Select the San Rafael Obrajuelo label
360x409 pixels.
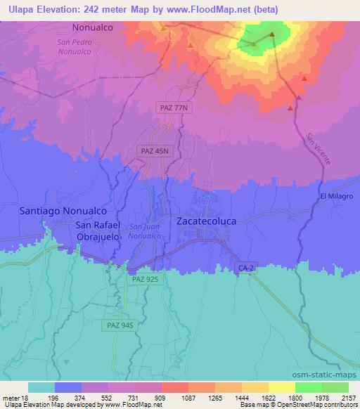pos(98,231)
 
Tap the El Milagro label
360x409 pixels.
pos(335,195)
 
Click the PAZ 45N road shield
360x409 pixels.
pos(151,150)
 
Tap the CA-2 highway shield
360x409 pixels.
pos(243,268)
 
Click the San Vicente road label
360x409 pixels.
pos(319,149)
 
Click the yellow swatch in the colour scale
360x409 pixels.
pos(281,387)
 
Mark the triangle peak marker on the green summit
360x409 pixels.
pos(271,34)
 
